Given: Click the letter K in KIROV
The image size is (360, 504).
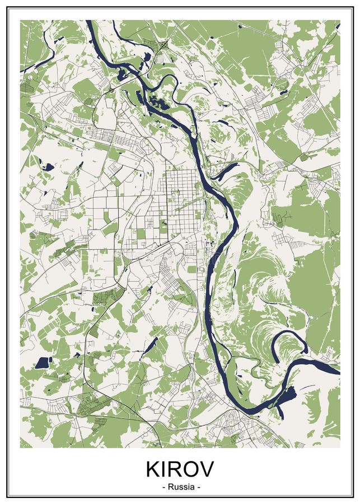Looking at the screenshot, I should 153,469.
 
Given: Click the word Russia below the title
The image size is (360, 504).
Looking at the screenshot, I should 180,487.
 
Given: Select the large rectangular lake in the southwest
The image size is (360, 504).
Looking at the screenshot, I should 43,362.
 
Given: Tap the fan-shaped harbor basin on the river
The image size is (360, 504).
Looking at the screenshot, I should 287,398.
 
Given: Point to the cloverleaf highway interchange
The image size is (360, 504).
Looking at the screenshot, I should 163,44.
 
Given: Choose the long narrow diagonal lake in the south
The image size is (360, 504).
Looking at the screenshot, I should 149,347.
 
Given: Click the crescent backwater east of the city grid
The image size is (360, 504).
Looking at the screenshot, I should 225,171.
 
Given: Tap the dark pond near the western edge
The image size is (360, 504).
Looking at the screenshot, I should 48,166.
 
